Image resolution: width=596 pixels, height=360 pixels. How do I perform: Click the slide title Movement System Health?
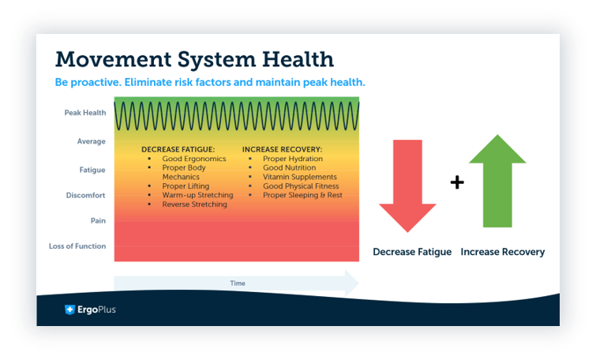(x=194, y=59)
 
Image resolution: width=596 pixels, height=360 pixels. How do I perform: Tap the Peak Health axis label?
(x=84, y=113)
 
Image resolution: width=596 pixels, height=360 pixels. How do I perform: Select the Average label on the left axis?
(x=92, y=141)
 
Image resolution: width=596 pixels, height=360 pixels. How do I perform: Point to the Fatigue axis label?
(x=92, y=170)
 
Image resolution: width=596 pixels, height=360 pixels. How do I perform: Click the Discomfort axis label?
(x=87, y=195)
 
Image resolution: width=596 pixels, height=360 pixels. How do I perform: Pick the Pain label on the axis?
(x=98, y=221)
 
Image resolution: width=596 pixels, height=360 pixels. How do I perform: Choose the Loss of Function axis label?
(x=77, y=246)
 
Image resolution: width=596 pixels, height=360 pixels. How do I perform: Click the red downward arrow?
(x=407, y=186)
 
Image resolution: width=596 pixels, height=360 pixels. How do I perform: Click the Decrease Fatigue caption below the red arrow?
(x=412, y=252)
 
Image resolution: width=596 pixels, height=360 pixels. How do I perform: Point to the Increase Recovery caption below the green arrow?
(x=502, y=252)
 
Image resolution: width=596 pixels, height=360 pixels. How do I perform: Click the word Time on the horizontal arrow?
(x=237, y=283)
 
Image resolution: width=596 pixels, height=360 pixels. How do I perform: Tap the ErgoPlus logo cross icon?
(x=69, y=309)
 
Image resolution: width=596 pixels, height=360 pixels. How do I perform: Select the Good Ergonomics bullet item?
(x=193, y=159)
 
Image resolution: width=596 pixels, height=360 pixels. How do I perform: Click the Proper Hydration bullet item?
(x=293, y=159)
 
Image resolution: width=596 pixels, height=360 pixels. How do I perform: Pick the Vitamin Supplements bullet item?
(x=299, y=177)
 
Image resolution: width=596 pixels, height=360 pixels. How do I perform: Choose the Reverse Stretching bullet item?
(x=194, y=204)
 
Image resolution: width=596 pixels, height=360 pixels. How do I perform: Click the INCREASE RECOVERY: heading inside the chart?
(x=282, y=148)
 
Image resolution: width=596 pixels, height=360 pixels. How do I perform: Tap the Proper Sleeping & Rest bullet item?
(x=302, y=195)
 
